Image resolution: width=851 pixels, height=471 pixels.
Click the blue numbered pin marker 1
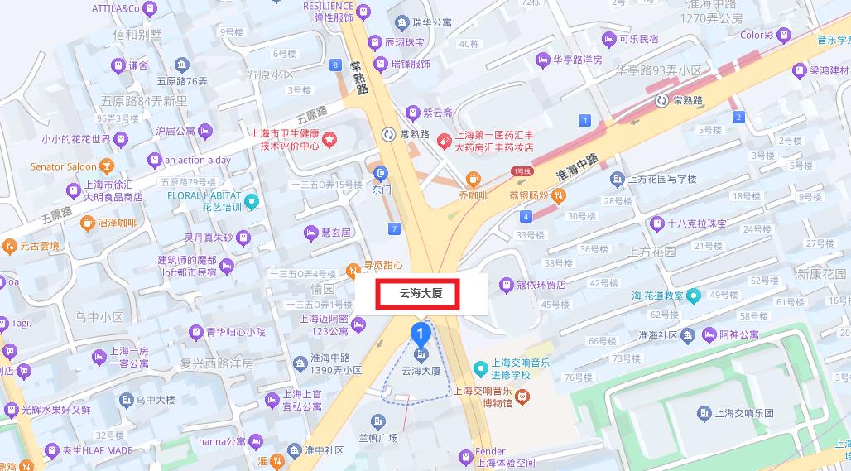click(x=421, y=334)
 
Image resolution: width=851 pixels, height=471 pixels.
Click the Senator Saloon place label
click(x=65, y=166)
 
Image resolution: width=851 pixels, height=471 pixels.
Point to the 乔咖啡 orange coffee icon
click(x=474, y=178)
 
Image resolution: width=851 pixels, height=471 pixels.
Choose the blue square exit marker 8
click(x=335, y=65)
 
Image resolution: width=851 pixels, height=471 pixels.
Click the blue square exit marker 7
click(x=395, y=228)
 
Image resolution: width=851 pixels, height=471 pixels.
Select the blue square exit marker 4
click(x=526, y=217)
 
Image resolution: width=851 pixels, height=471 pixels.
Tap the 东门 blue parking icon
click(x=381, y=173)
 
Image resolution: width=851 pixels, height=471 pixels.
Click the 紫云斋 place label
click(x=438, y=113)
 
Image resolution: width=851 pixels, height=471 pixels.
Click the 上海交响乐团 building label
click(x=744, y=412)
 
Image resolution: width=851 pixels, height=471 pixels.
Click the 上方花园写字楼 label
click(x=662, y=180)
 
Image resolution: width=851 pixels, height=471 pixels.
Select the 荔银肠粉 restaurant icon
click(x=559, y=195)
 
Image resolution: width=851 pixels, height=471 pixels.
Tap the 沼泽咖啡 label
click(x=116, y=223)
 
